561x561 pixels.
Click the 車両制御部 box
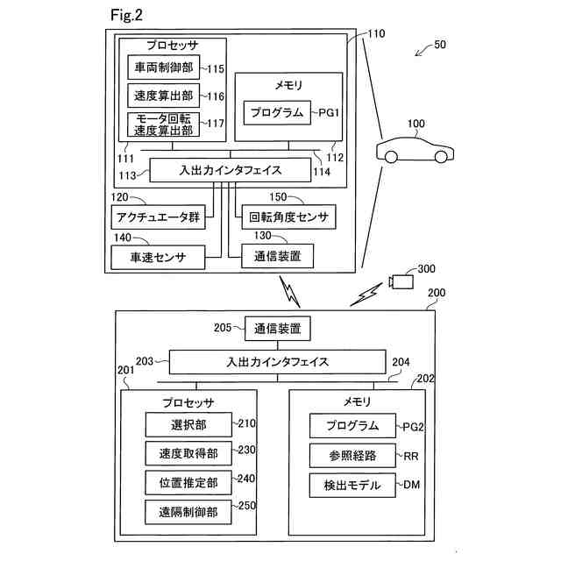click(164, 67)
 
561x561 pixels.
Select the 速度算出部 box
click(164, 96)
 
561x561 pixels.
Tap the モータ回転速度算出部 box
click(164, 124)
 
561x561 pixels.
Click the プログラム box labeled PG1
click(277, 113)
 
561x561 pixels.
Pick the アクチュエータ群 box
click(158, 217)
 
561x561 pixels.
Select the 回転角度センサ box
click(288, 217)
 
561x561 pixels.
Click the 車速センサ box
click(158, 257)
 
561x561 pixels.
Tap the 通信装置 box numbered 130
click(278, 256)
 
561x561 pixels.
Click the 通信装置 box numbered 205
click(278, 329)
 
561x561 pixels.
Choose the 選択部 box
click(188, 424)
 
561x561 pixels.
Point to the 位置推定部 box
click(188, 483)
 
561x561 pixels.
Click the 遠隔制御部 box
click(188, 512)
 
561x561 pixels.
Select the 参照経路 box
click(352, 456)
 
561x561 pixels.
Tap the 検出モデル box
click(352, 485)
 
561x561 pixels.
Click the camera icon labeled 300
click(401, 281)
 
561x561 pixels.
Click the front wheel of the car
click(441, 157)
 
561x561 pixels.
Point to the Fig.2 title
click(126, 15)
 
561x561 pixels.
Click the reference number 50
click(440, 45)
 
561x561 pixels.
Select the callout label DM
click(411, 485)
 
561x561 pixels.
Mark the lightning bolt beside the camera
click(366, 295)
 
